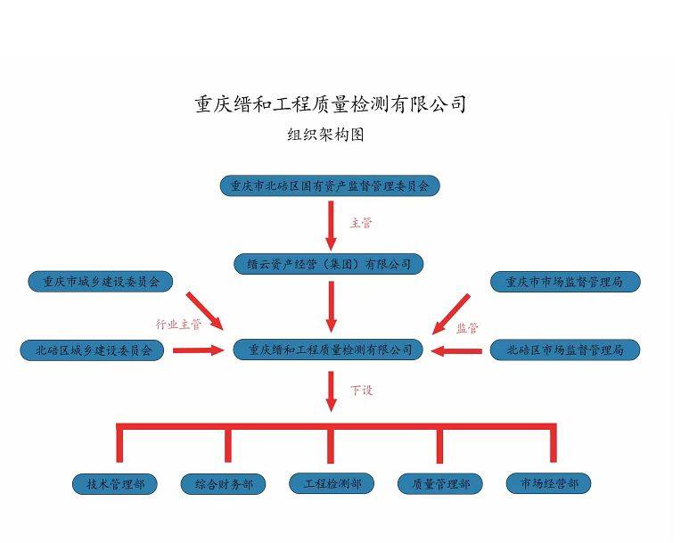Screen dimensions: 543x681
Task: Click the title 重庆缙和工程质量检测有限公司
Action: click(331, 104)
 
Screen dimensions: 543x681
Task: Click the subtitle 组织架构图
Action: click(325, 136)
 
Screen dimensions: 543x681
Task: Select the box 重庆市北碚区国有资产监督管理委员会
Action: click(330, 186)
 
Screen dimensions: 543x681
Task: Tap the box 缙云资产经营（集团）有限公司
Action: click(329, 264)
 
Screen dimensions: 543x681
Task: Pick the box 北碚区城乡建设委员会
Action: click(93, 350)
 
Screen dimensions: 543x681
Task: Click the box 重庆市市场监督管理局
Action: click(565, 282)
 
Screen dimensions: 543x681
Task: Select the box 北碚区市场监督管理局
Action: click(565, 350)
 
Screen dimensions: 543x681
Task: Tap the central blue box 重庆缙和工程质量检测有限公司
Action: click(328, 350)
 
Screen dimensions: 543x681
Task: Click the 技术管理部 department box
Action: click(115, 484)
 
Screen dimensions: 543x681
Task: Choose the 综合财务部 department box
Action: click(223, 485)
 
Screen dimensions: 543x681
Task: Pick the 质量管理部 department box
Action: click(440, 484)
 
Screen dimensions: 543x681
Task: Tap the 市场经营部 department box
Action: click(548, 483)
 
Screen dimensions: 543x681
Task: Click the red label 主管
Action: click(361, 223)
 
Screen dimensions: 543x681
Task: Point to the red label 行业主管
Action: click(178, 324)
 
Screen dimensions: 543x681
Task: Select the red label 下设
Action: click(361, 390)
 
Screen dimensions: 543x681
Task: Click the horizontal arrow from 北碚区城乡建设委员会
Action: click(198, 350)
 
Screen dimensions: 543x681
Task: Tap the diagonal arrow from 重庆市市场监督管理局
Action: click(452, 313)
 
